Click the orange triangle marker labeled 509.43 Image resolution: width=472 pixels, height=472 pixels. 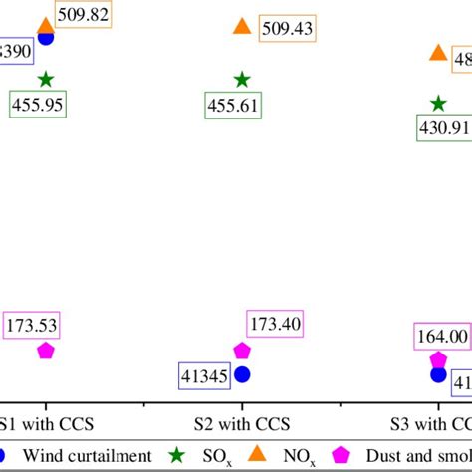click(x=242, y=28)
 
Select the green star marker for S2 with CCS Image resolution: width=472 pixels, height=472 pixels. click(x=242, y=79)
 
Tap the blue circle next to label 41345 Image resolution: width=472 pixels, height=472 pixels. click(x=242, y=375)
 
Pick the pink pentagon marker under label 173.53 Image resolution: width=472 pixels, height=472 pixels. click(x=46, y=350)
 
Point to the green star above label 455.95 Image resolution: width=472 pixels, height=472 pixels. click(x=46, y=79)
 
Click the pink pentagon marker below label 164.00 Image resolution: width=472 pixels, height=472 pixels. click(x=438, y=359)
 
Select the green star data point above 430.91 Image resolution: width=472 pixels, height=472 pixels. click(x=438, y=103)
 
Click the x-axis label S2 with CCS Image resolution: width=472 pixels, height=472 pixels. click(x=242, y=423)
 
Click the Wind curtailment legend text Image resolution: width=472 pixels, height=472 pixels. click(x=88, y=455)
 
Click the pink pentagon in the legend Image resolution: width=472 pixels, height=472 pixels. click(x=342, y=455)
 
